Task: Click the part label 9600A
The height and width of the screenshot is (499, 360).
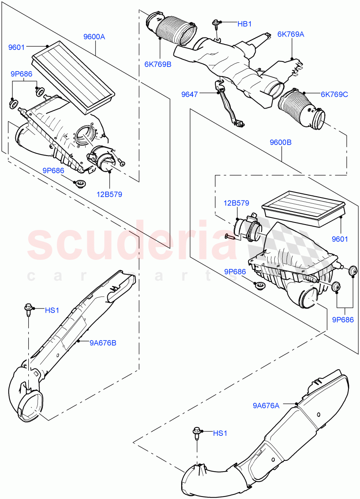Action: pos(94,37)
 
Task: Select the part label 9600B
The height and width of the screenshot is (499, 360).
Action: pos(281,142)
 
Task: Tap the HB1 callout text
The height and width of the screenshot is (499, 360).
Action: pos(244,24)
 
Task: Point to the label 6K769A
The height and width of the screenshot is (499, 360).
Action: pos(291,35)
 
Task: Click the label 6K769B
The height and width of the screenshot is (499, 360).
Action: pos(158,64)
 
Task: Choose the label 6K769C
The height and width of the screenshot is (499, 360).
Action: pos(334,94)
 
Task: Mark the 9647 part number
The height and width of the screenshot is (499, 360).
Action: pos(189,95)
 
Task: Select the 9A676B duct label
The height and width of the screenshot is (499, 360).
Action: pos(103,343)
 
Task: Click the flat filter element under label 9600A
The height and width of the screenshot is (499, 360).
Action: pos(74,77)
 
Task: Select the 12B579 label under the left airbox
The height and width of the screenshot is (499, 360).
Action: pos(110,194)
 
